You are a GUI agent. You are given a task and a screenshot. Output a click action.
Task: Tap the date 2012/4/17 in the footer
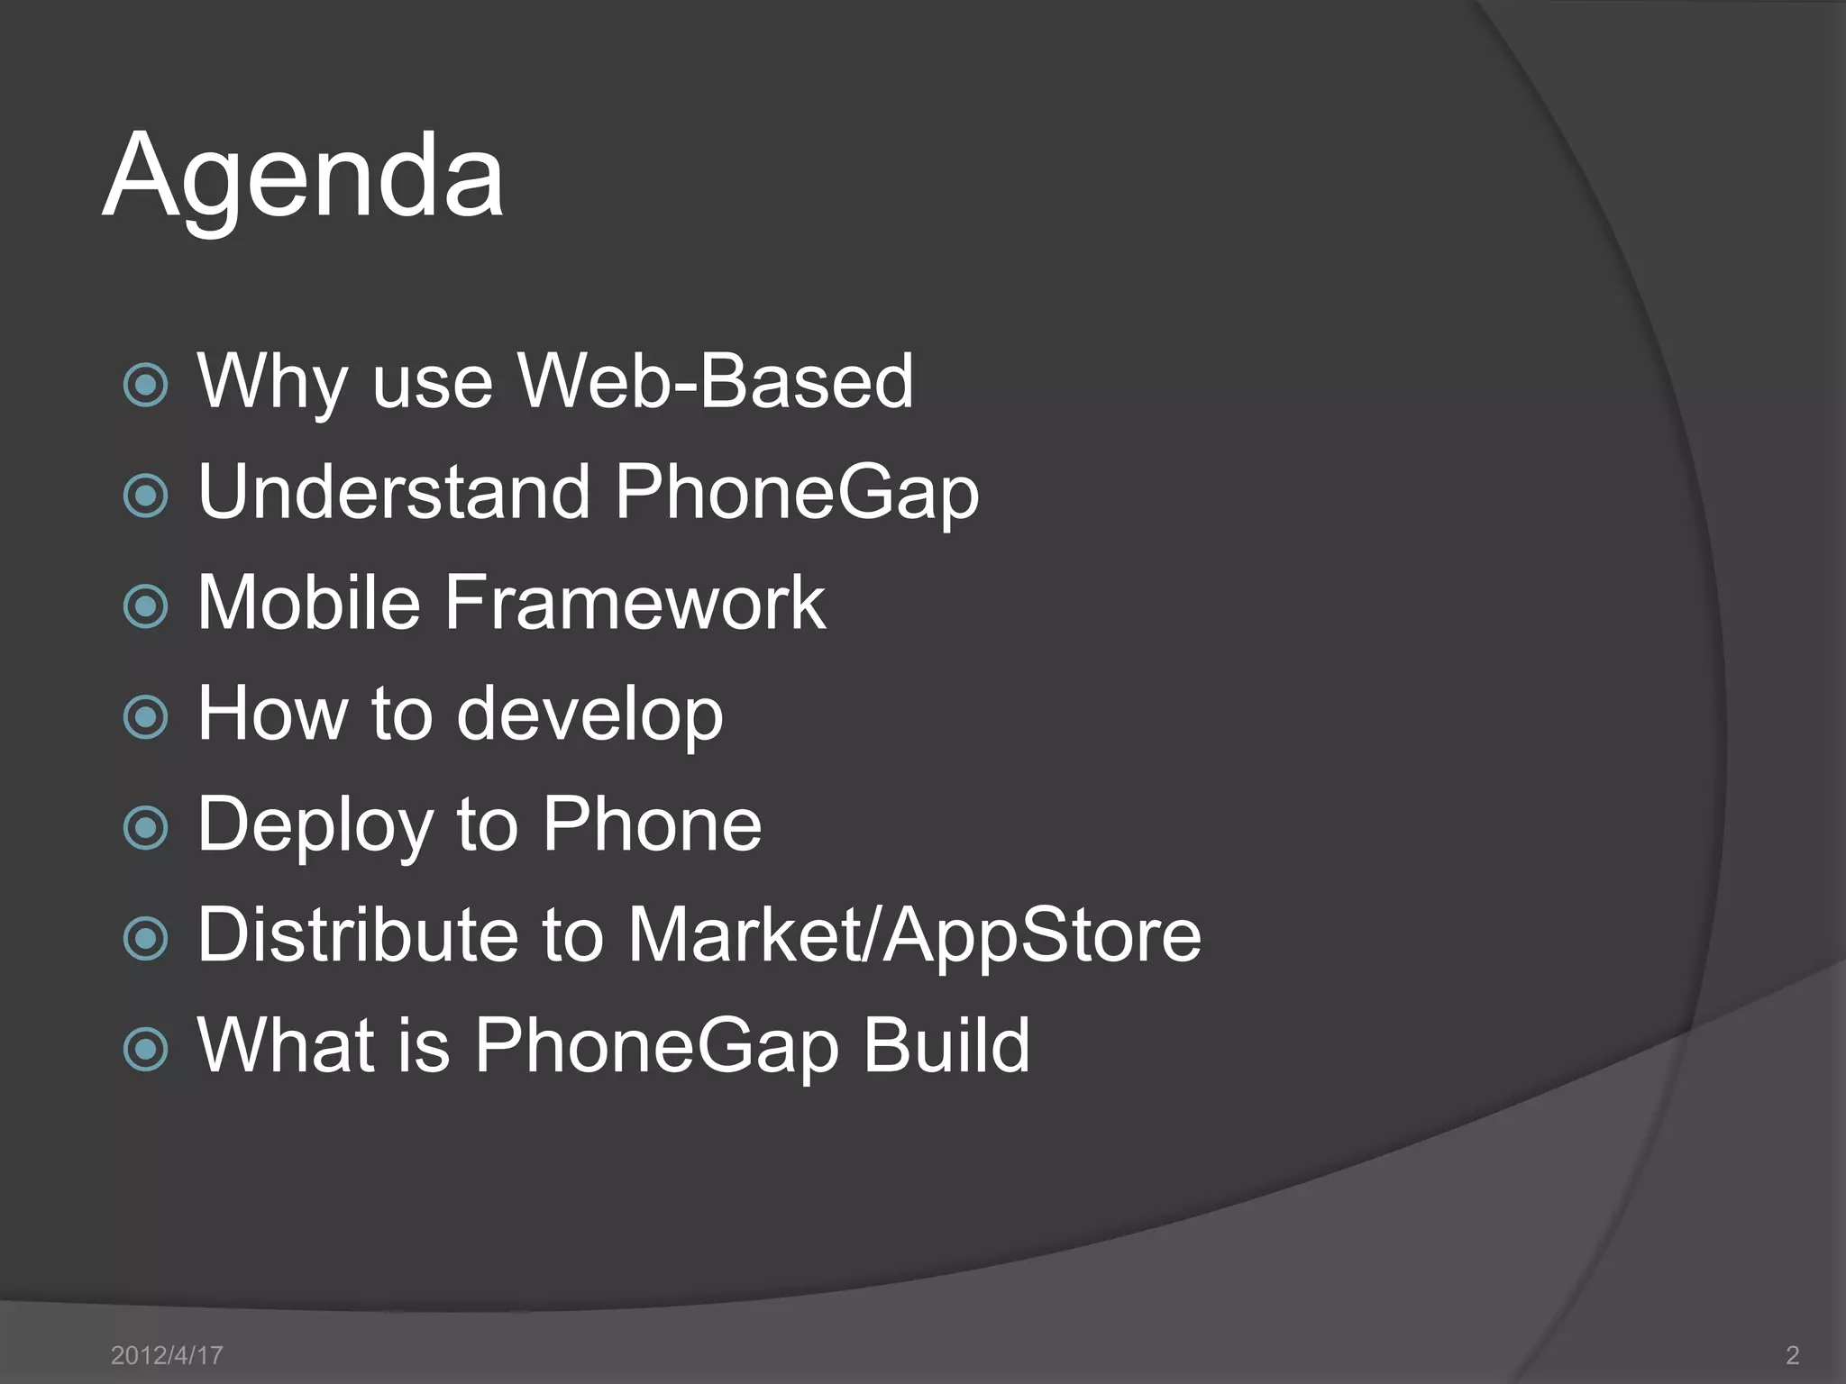point(166,1355)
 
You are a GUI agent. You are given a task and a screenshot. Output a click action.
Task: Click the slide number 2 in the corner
point(1792,1355)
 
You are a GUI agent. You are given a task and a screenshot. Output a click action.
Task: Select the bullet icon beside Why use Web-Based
point(145,386)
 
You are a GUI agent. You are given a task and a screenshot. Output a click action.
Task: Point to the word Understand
point(393,492)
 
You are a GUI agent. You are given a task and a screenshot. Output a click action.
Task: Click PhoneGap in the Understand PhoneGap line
point(797,494)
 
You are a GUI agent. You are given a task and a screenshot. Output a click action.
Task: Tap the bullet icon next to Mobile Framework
point(145,606)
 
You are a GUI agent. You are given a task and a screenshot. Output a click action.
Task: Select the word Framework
point(635,603)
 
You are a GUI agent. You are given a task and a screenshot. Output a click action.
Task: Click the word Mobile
point(309,603)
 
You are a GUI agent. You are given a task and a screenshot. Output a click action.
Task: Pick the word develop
point(589,715)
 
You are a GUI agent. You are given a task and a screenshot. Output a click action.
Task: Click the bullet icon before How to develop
point(145,717)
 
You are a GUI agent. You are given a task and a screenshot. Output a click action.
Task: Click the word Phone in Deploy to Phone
point(652,824)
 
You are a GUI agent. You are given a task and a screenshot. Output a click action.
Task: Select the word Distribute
point(358,935)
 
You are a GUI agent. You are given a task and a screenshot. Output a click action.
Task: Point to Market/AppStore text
point(914,935)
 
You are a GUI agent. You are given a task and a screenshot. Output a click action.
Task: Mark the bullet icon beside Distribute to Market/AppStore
point(145,939)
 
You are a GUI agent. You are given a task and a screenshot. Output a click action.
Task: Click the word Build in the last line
point(946,1045)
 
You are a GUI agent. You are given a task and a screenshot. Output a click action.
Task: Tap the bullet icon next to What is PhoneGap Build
point(145,1049)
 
